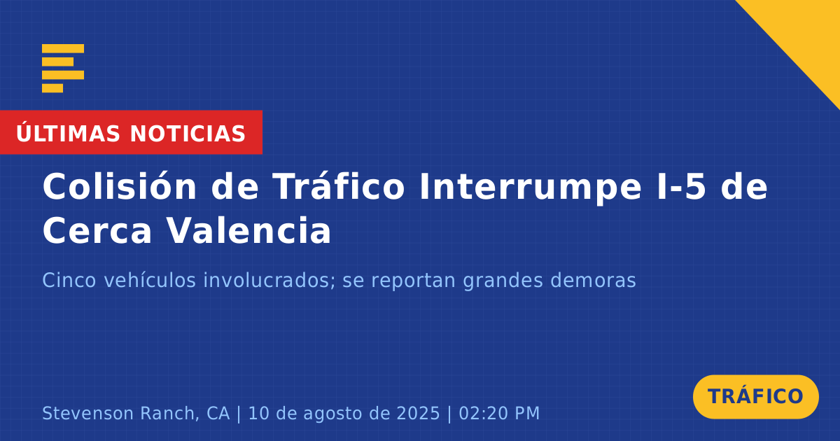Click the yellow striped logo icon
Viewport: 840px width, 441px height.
coord(63,69)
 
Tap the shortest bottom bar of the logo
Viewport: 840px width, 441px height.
coord(52,88)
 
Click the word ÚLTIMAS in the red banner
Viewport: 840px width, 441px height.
coord(68,132)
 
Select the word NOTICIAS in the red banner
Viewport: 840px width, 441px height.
coord(188,134)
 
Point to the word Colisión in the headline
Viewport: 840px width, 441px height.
coord(119,186)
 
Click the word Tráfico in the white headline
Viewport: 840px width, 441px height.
coord(339,186)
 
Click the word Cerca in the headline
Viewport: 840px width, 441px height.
coord(97,230)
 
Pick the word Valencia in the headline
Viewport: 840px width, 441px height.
coord(248,230)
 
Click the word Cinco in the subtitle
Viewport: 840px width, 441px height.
coord(69,280)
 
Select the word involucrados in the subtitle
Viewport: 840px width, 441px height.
coord(269,280)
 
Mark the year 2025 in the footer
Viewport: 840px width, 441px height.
coord(418,413)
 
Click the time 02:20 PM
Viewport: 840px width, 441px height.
coord(499,413)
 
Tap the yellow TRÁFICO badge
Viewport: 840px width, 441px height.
coord(755,397)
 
